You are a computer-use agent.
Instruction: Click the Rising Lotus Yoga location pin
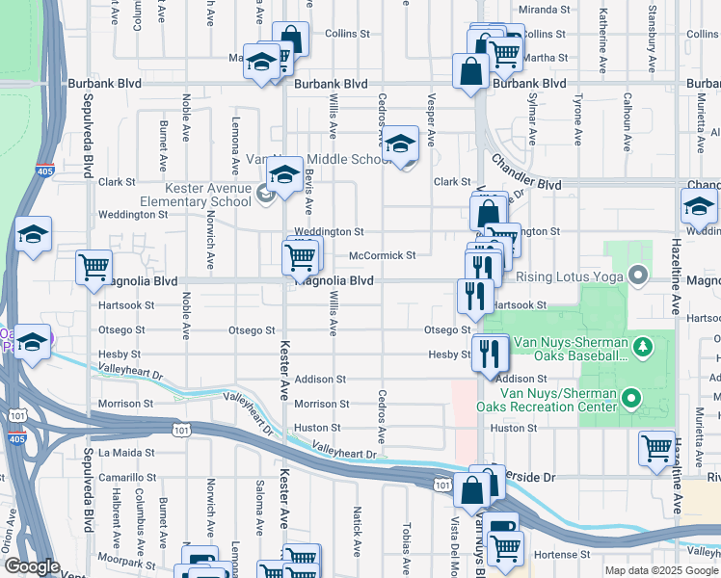click(x=637, y=277)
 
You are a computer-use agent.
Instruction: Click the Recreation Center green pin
click(x=630, y=397)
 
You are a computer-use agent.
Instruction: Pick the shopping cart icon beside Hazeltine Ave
click(x=656, y=448)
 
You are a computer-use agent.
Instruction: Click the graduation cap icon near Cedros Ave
click(x=401, y=144)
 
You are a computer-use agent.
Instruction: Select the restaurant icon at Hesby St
click(x=492, y=353)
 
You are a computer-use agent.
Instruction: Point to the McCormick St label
click(x=382, y=255)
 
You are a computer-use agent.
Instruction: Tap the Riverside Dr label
click(x=524, y=477)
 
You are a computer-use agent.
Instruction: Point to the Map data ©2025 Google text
click(x=660, y=570)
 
